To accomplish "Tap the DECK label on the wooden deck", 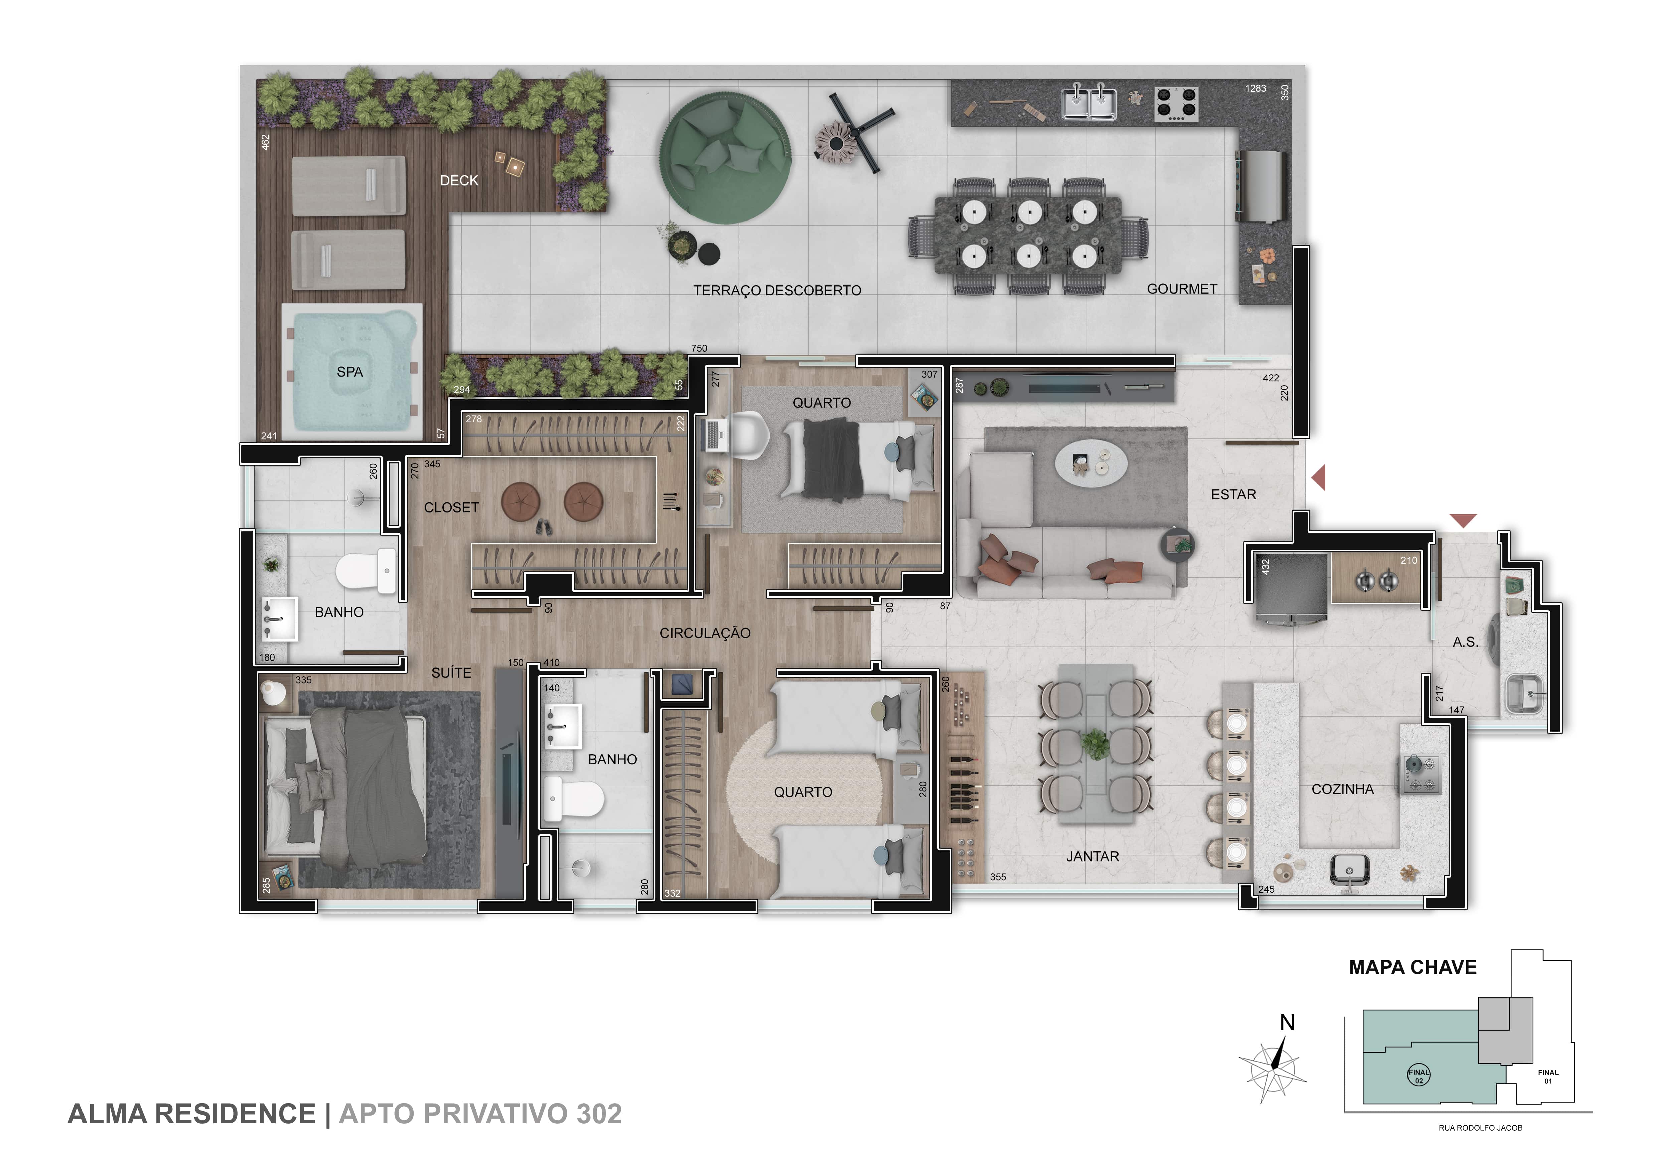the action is click(459, 180).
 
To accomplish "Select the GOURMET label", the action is click(1182, 289).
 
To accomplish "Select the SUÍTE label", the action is click(451, 673).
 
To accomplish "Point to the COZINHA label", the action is click(1342, 789).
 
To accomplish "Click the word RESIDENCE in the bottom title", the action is click(235, 1114).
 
